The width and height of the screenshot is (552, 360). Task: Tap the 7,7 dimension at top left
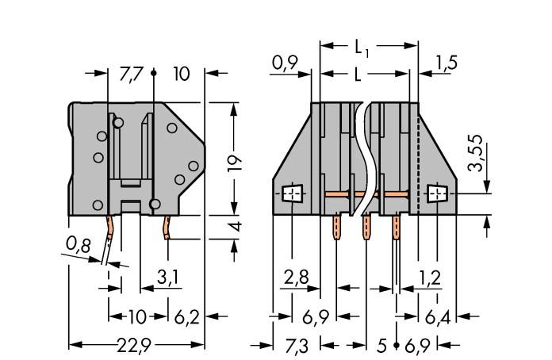[x=131, y=75]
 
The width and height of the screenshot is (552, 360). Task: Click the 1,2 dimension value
[x=429, y=278]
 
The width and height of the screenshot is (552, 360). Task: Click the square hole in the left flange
[x=292, y=193]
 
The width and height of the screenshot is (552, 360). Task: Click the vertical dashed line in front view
[x=418, y=159]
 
